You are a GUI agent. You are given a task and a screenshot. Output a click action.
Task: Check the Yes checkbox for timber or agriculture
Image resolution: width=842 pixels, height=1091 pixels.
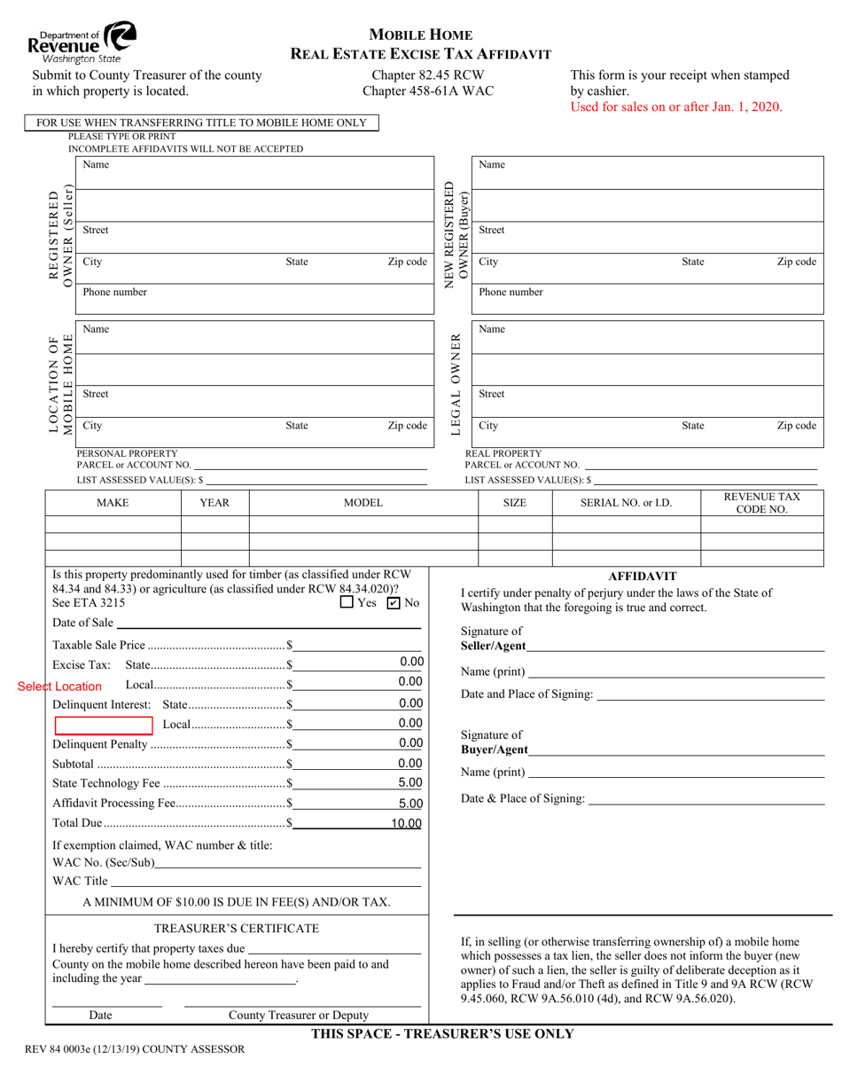(x=347, y=603)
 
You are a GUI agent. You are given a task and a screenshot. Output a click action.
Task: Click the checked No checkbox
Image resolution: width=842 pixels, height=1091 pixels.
(x=394, y=603)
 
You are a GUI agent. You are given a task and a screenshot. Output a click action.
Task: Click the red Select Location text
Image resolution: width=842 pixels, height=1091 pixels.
(x=59, y=687)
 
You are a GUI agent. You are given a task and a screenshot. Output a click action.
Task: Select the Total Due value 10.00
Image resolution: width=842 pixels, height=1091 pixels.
(x=406, y=824)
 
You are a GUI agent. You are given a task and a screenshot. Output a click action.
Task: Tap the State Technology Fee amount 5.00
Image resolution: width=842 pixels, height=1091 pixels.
(x=409, y=782)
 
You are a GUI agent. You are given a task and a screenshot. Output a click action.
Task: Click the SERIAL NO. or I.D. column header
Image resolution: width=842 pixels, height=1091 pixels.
(x=626, y=503)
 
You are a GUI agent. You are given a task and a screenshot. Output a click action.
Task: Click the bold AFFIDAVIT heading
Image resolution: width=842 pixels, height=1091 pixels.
(x=643, y=576)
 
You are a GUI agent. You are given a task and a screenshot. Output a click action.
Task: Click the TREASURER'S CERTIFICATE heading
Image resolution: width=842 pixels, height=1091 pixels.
(x=237, y=928)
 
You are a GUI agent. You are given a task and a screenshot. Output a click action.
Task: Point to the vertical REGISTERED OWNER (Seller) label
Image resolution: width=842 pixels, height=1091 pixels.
(x=60, y=235)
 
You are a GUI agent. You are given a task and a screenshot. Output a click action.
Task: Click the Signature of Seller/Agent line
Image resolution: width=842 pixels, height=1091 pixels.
(x=674, y=646)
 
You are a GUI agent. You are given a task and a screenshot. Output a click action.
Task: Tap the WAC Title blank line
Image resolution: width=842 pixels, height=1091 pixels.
(x=265, y=881)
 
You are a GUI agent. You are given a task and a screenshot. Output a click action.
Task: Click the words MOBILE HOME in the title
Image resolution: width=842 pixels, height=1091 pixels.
(x=420, y=35)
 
